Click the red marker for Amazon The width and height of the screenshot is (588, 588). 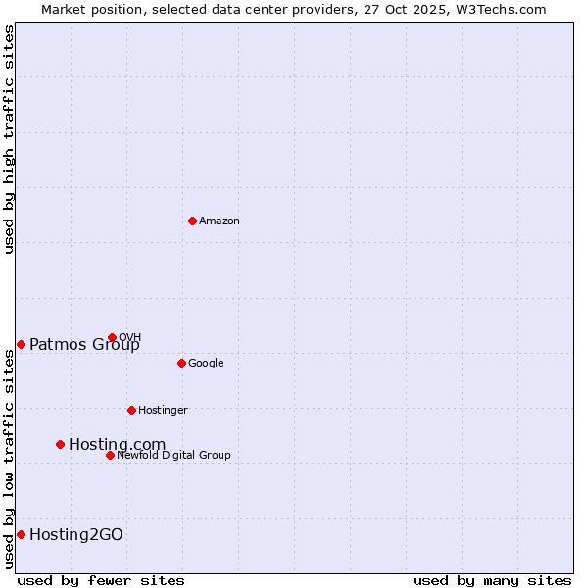coord(192,220)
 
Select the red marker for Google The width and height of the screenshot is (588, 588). coord(181,363)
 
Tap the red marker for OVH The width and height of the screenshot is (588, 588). coord(112,337)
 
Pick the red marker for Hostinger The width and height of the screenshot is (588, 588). coord(131,410)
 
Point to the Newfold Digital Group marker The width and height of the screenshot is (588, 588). coord(110,455)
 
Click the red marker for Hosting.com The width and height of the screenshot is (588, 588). coord(60,444)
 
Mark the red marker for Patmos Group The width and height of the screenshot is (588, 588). coord(21,344)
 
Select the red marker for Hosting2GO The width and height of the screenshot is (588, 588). coord(21,534)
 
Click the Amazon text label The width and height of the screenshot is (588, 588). coord(220,221)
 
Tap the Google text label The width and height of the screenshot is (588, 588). coord(206,364)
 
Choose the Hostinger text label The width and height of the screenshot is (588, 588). coord(163,411)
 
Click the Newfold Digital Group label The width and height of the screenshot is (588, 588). coord(173,456)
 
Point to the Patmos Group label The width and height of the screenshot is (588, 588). coord(84,344)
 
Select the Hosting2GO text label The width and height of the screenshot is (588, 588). coord(76,534)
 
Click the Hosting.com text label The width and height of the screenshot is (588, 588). coord(117,445)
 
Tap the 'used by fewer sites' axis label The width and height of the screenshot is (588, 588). coord(101,580)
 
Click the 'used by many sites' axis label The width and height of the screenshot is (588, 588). coord(492,580)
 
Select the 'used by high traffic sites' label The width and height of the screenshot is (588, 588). coord(9,139)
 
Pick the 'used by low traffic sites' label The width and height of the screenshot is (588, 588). coord(9,459)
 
